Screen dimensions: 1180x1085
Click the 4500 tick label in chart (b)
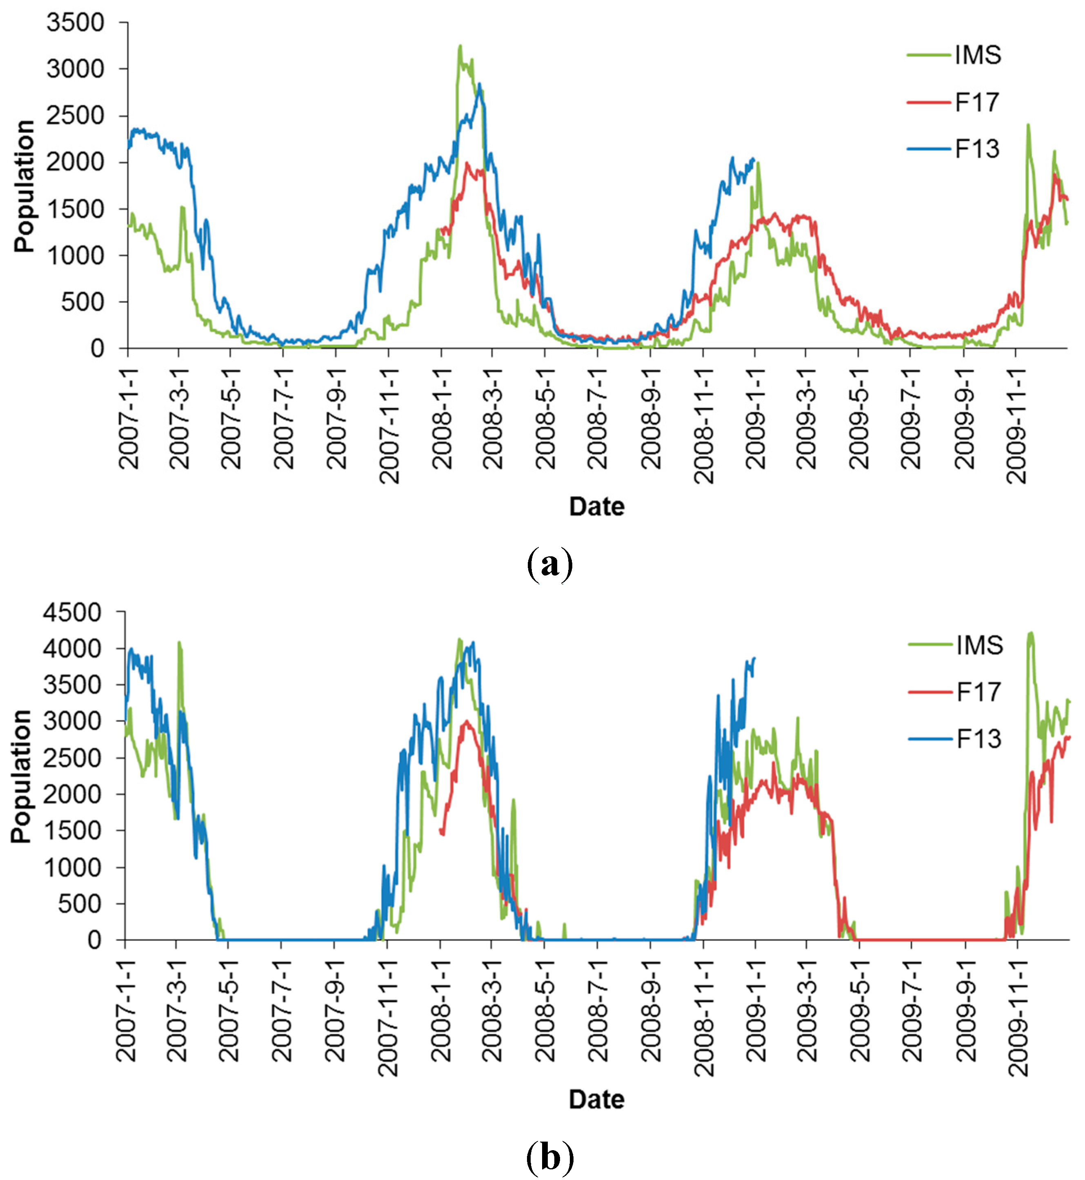(x=71, y=613)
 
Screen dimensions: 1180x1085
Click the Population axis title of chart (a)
(x=24, y=186)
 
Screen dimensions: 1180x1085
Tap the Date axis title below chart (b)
(x=596, y=1099)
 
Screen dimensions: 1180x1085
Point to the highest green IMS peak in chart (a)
(x=460, y=46)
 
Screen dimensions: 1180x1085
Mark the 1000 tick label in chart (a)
(x=75, y=256)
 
